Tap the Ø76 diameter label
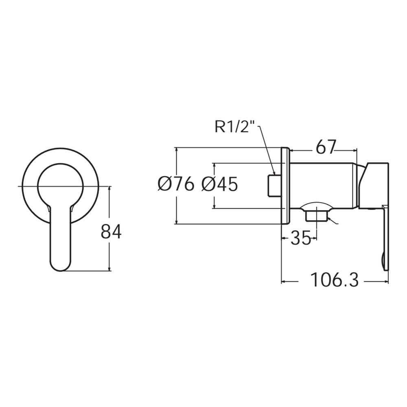pos(176,185)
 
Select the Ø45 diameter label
pos(219,185)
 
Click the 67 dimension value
pos(326,147)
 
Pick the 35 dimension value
pos(300,239)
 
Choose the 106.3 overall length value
pos(335,280)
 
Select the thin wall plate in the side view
pos(285,185)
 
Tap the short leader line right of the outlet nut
pos(333,221)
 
